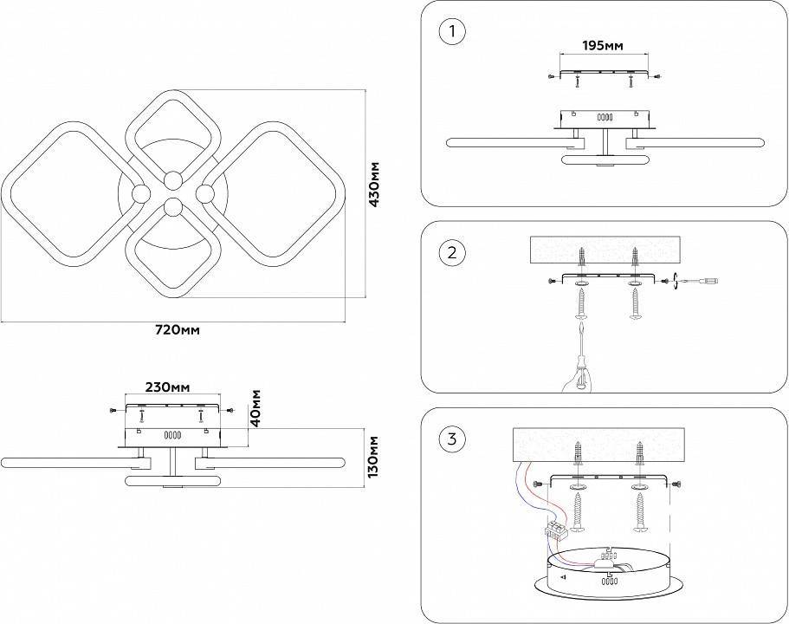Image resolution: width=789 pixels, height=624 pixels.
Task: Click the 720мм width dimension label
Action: tap(177, 330)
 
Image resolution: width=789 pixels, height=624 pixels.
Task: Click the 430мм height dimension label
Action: tap(375, 185)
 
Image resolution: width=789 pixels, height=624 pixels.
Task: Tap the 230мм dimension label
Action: tap(168, 387)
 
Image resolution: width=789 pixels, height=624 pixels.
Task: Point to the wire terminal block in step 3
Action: tap(555, 530)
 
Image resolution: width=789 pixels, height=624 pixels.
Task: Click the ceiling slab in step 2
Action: tap(605, 251)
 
